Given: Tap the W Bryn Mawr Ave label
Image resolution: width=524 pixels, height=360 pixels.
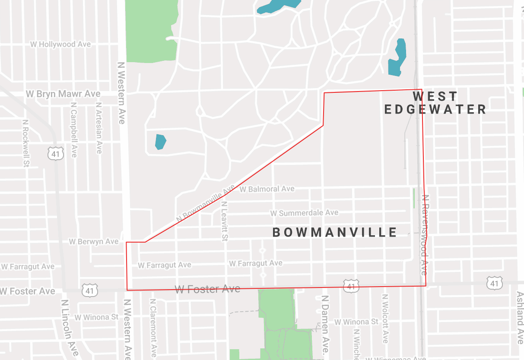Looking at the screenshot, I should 63,94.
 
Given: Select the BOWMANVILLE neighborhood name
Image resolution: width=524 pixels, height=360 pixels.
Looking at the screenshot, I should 335,233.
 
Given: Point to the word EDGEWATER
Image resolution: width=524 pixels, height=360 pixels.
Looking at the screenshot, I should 435,109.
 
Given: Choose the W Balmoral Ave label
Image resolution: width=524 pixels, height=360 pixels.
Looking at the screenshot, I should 267,189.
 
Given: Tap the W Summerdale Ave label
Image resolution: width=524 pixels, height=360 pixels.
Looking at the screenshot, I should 304,213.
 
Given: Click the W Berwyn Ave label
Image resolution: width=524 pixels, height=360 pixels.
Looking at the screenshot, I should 94,242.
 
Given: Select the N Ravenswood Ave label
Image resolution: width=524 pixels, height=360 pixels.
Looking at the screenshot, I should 425,235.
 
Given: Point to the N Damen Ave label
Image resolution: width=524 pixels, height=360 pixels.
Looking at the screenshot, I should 325,327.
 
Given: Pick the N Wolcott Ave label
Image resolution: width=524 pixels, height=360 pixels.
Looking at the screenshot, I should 385,319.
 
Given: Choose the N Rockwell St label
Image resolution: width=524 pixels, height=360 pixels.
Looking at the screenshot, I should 25,143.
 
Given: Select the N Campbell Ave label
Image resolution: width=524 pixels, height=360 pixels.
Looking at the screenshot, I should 74,129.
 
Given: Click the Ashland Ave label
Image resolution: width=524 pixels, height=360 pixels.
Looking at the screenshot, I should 520,318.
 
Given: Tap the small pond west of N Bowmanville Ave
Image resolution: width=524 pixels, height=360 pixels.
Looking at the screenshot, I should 160,142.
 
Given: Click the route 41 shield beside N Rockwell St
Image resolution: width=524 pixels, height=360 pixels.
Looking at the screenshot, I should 57,153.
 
